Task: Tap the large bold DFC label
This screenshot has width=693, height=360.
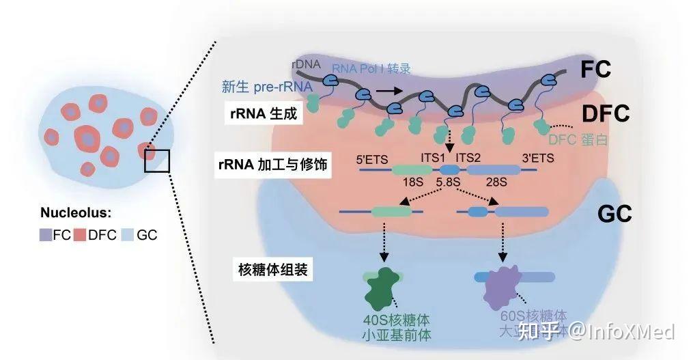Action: (x=604, y=113)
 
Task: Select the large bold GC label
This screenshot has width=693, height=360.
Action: (x=614, y=213)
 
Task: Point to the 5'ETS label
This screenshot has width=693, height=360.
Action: (x=373, y=159)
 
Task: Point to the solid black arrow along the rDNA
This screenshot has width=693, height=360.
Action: (x=387, y=89)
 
